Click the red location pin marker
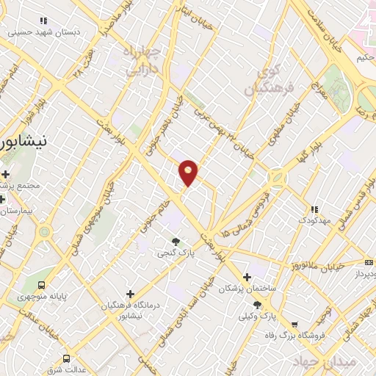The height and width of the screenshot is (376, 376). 189,172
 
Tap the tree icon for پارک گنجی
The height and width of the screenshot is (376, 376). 175,241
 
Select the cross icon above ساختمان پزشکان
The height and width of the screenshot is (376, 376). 247,277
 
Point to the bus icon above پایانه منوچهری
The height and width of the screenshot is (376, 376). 41,284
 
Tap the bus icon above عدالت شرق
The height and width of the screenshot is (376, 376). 66,359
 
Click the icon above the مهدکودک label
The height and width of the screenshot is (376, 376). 314,209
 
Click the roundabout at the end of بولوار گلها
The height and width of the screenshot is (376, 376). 278,178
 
